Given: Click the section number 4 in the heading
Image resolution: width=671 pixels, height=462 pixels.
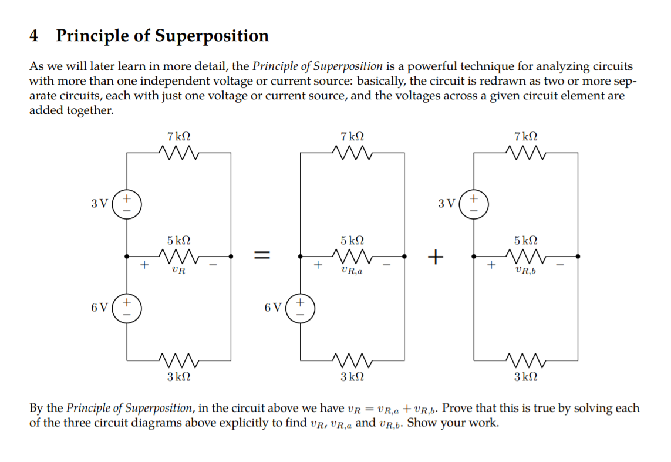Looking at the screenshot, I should click(x=34, y=36).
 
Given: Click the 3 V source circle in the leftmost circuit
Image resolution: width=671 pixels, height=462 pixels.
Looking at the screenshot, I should click(x=126, y=204).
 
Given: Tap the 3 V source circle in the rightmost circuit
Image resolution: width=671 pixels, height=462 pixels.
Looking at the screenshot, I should click(x=473, y=204).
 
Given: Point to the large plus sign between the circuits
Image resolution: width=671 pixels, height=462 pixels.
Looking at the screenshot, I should click(x=435, y=256).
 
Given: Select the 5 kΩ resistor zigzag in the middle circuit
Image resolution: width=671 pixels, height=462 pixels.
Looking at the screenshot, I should click(x=352, y=256).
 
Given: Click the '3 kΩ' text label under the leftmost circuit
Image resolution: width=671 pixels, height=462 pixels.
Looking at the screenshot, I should click(x=178, y=376).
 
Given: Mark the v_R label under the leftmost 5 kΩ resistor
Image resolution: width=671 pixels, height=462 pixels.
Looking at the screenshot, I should click(x=178, y=271).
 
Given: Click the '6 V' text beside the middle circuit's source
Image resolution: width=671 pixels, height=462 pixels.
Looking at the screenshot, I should click(x=273, y=308).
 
